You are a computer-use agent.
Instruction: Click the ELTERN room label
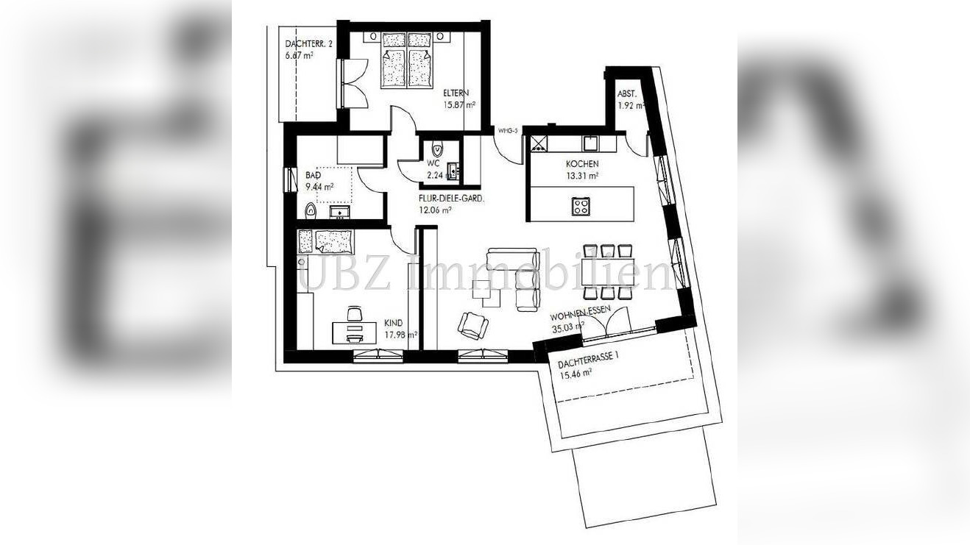(x=457, y=93)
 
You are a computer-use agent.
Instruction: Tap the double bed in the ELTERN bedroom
(x=406, y=59)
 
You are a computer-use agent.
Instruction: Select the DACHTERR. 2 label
(x=309, y=44)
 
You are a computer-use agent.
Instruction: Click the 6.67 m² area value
(x=300, y=55)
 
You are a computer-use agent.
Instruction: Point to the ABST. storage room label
(x=627, y=93)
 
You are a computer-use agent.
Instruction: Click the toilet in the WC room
(x=436, y=148)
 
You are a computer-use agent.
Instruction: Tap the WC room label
(x=434, y=163)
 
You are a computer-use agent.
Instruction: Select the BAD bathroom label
(x=313, y=176)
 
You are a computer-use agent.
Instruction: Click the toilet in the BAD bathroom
(x=310, y=212)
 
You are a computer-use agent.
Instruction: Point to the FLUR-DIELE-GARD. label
(x=451, y=199)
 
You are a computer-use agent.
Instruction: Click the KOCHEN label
(x=581, y=164)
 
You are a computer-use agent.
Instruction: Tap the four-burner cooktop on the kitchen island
(x=581, y=207)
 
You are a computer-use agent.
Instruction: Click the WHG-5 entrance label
(x=509, y=131)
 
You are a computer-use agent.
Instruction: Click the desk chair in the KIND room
(x=355, y=314)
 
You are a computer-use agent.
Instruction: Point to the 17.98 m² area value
(x=400, y=334)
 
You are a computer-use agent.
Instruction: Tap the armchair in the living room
(x=472, y=323)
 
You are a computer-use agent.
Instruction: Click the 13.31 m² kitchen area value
(x=581, y=175)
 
